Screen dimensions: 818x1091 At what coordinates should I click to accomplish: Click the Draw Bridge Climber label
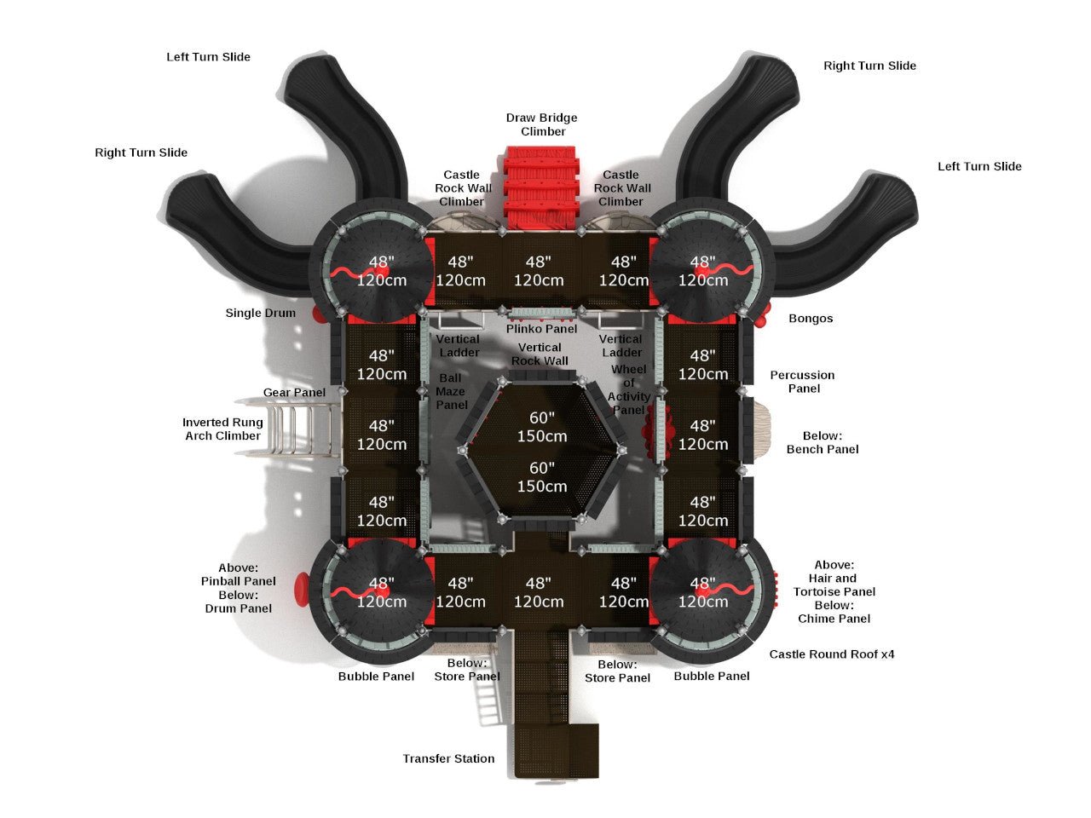541,124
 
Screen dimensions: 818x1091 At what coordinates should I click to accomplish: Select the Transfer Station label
448,758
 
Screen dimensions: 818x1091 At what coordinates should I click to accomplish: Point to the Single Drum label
260,313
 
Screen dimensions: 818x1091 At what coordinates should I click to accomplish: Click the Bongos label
811,318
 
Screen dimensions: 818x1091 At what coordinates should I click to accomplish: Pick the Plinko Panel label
541,329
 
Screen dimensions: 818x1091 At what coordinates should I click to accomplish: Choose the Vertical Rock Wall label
540,354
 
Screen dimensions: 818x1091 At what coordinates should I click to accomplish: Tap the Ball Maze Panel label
451,391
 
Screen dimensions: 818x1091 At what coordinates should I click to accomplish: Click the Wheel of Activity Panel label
629,389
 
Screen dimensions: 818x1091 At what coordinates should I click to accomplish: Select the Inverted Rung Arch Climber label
222,429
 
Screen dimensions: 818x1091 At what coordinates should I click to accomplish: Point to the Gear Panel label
294,393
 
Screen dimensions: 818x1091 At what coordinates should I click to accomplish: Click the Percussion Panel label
802,382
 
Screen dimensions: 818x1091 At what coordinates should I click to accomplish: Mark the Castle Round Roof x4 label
831,654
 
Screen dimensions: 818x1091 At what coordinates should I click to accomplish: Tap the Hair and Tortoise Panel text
834,585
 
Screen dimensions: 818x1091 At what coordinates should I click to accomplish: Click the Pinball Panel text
238,581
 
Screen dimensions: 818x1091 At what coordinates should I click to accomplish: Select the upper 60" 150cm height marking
542,427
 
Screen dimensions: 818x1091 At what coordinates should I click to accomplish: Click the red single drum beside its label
320,314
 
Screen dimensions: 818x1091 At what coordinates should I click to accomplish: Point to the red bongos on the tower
765,315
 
